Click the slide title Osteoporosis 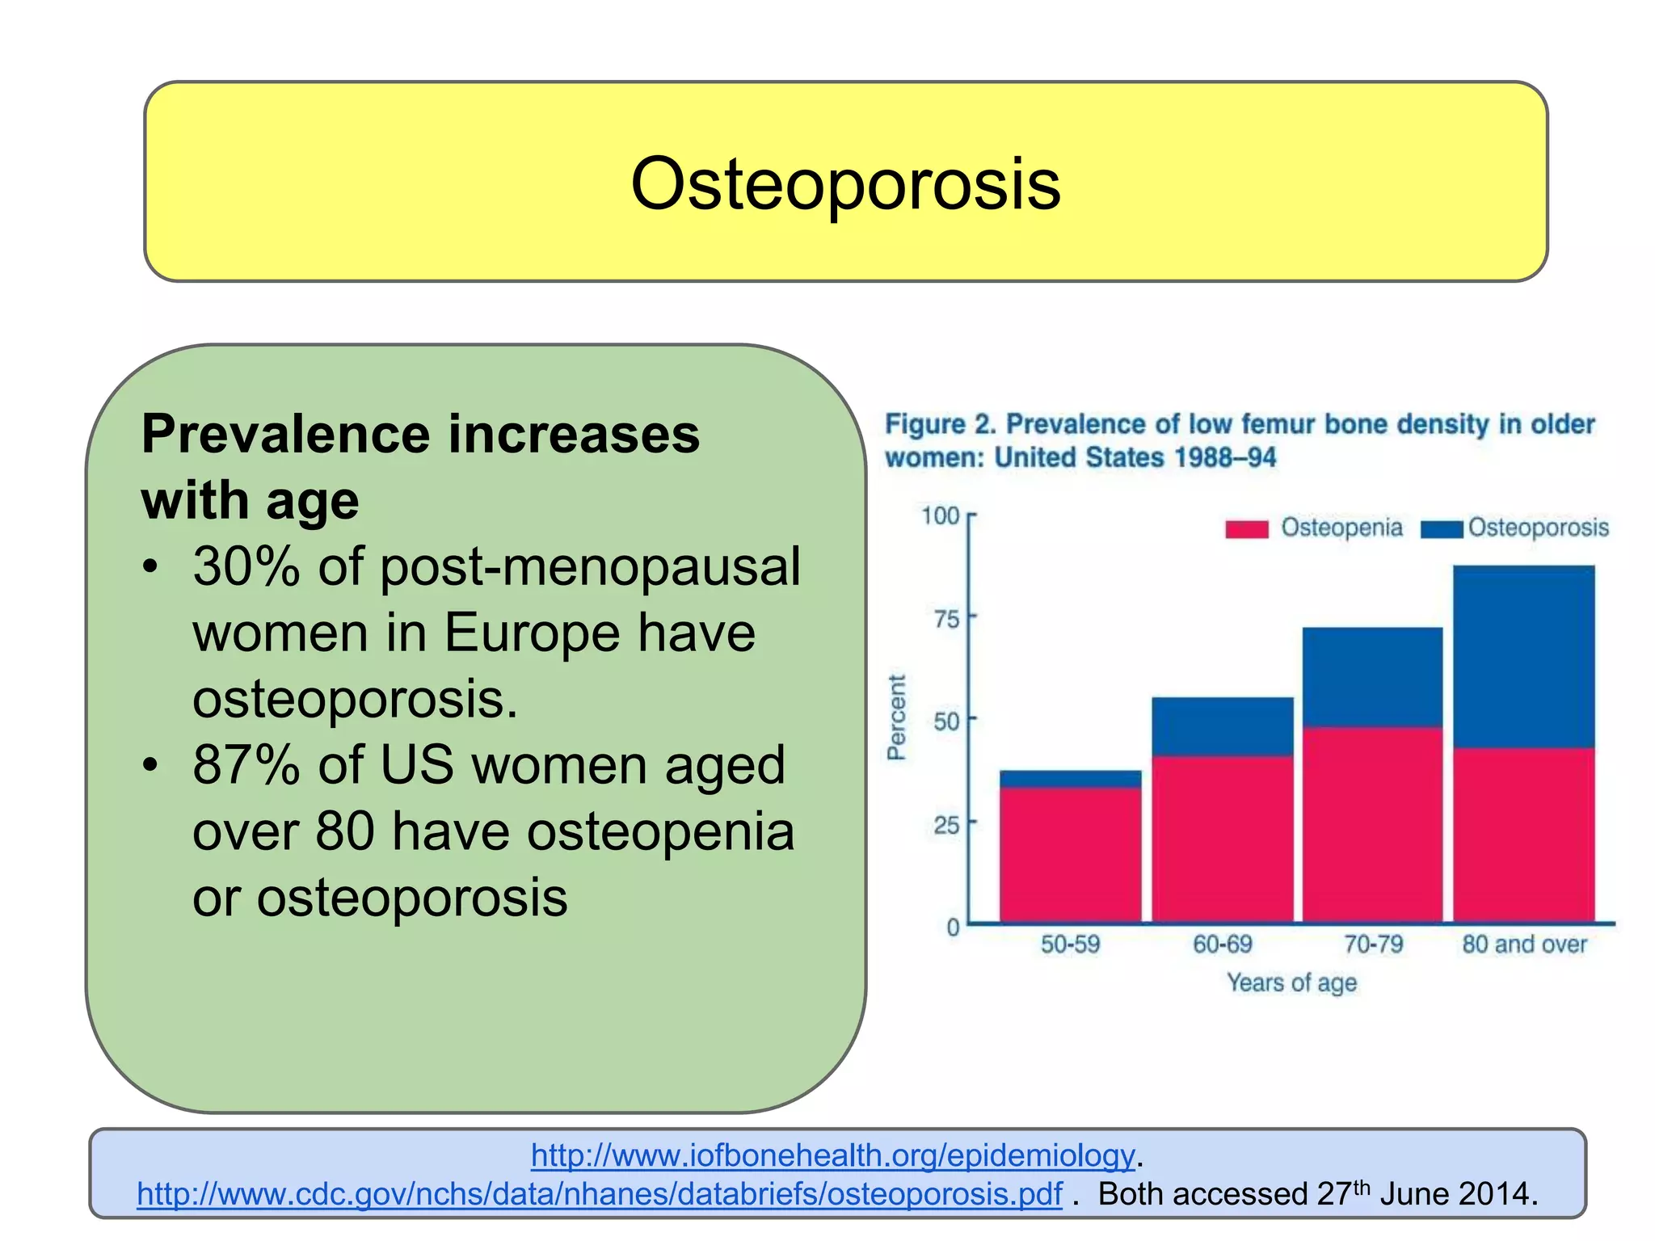click(x=844, y=184)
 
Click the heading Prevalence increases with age click(x=420, y=467)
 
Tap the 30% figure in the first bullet click(x=246, y=566)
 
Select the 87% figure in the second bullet click(x=246, y=764)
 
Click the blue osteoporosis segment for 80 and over click(x=1523, y=656)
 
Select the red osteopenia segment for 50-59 click(x=1070, y=855)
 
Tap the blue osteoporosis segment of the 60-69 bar click(x=1222, y=726)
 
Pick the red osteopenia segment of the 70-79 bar click(x=1372, y=824)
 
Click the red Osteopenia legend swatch click(x=1246, y=529)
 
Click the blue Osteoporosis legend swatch click(x=1442, y=529)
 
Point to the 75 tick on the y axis click(x=946, y=619)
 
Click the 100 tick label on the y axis click(x=941, y=515)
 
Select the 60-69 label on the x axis click(x=1222, y=944)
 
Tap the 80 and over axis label click(x=1524, y=944)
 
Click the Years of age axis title click(x=1291, y=982)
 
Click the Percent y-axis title click(x=896, y=717)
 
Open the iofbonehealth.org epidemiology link click(x=832, y=1155)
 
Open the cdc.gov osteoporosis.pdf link click(x=599, y=1194)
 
